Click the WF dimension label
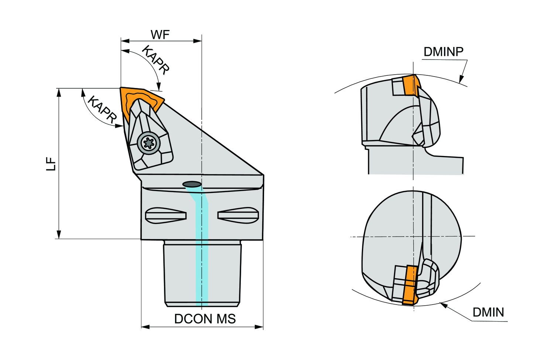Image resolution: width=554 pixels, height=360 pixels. coord(160,35)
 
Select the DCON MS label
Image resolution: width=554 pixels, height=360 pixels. coord(205,319)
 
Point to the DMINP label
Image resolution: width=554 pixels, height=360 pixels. coord(443,52)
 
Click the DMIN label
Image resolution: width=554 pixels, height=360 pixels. coord(488,312)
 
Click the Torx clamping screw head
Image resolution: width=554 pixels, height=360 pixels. coord(149,143)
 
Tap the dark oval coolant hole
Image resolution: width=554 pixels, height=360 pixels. coord(192,184)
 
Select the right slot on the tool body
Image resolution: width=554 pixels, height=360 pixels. coord(238,215)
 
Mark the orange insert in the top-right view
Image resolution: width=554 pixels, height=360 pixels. coord(410,85)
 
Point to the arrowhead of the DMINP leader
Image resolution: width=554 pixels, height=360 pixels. coord(461,79)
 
